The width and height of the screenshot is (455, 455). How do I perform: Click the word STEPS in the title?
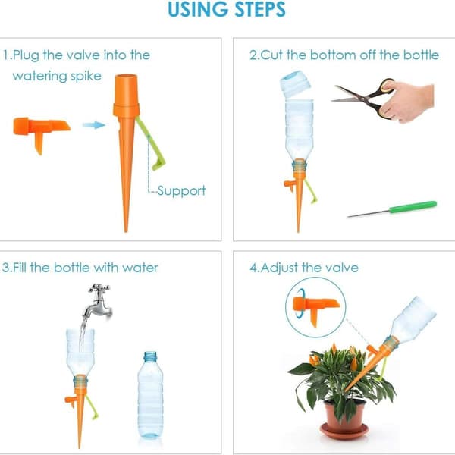tap(259, 9)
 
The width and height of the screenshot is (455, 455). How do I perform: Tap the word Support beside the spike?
tap(181, 191)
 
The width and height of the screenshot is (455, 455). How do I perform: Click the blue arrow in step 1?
tap(93, 125)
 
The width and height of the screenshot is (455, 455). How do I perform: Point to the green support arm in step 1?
tap(151, 144)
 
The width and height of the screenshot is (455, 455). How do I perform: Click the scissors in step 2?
tap(362, 97)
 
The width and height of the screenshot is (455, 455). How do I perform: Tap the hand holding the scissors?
tap(408, 100)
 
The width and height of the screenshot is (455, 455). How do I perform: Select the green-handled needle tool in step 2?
tap(392, 209)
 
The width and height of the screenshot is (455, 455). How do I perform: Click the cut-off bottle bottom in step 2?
tap(295, 83)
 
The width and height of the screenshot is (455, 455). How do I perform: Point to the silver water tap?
tap(99, 302)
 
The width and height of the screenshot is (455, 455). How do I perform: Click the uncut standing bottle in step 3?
tap(150, 394)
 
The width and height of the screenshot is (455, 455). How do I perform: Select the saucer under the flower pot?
tap(344, 431)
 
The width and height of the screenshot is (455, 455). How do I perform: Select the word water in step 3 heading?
tap(140, 268)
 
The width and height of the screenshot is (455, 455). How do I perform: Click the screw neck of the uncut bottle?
tap(150, 357)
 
